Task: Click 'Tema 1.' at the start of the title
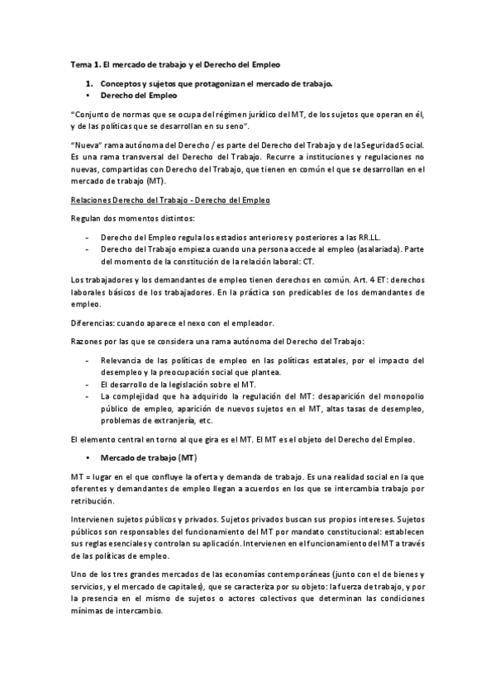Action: pyautogui.click(x=82, y=64)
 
